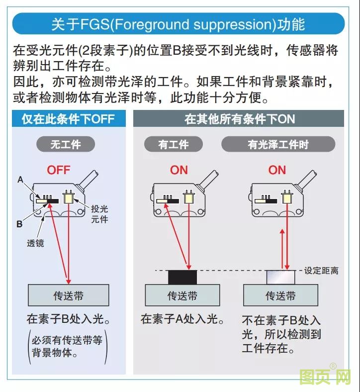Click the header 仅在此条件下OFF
[x=68, y=119]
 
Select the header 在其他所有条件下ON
[x=239, y=119]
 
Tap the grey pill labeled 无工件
[x=66, y=145]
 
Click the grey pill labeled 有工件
[x=174, y=145]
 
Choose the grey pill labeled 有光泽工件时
[x=278, y=145]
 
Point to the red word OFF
[x=59, y=170]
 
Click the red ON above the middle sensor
[x=179, y=170]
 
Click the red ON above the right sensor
[x=277, y=170]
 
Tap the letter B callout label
[x=19, y=224]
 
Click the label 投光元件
[x=99, y=214]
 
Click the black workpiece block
[x=183, y=277]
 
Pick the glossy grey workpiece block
[x=281, y=277]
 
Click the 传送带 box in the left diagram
[x=68, y=295]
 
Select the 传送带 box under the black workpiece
[x=182, y=295]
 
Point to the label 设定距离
[x=322, y=271]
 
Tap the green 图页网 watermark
[x=325, y=378]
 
